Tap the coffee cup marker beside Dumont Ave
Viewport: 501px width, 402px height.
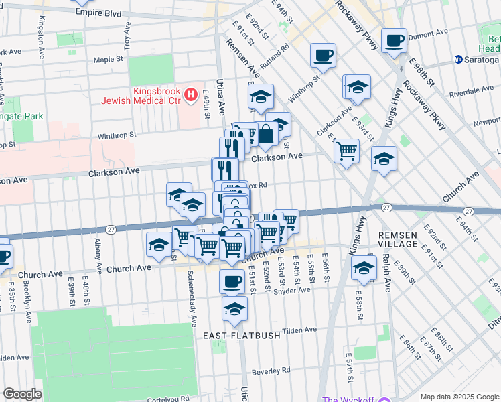[x=394, y=40]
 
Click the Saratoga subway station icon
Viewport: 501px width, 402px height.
[x=459, y=59]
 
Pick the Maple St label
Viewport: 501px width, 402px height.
[x=109, y=59]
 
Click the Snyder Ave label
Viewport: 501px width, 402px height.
[x=294, y=290]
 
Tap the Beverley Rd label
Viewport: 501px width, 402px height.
[x=271, y=370]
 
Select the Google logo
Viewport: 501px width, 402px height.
[x=22, y=393]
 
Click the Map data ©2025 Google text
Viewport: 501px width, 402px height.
[x=459, y=397]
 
